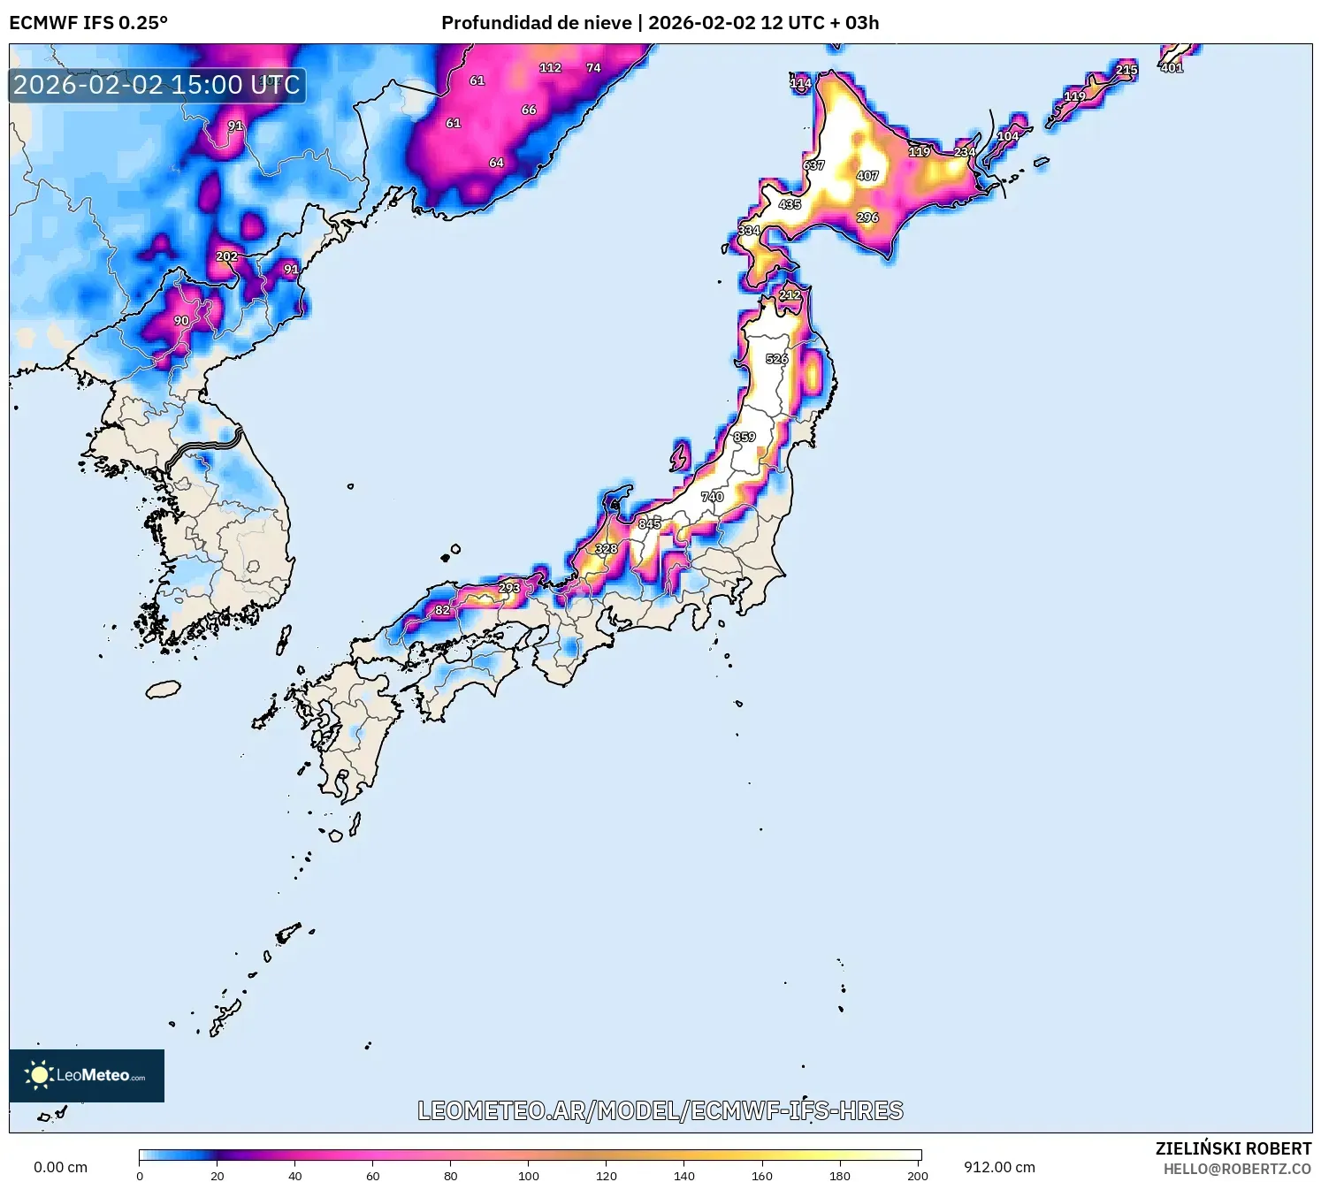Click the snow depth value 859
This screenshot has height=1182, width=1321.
click(x=744, y=437)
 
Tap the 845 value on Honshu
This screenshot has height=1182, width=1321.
click(x=650, y=523)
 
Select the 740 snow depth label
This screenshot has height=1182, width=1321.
click(x=713, y=497)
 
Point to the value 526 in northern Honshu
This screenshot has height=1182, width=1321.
click(x=777, y=359)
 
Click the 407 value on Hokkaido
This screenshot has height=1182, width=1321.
click(x=867, y=176)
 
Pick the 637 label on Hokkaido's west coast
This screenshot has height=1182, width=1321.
click(x=813, y=165)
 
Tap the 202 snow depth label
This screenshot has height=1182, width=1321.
click(x=227, y=256)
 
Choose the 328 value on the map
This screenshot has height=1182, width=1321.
click(x=607, y=549)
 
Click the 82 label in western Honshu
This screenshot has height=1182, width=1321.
click(x=442, y=610)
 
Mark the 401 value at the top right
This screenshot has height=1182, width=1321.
click(x=1172, y=68)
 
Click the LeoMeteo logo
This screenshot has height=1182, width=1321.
click(x=87, y=1075)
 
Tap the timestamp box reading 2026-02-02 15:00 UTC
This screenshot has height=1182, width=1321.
click(x=157, y=86)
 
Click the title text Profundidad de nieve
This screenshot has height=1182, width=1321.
click(x=537, y=23)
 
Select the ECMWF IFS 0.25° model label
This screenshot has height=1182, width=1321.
click(x=88, y=23)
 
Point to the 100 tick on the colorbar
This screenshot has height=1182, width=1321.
click(x=529, y=1175)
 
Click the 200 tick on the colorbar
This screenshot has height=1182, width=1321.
click(x=918, y=1175)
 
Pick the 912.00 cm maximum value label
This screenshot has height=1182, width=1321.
click(x=999, y=1167)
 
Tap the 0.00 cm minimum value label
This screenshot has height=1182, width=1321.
click(x=60, y=1167)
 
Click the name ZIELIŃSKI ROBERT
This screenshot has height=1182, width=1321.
click(x=1233, y=1148)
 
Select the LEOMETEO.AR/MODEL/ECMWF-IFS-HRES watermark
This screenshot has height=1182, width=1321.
click(x=660, y=1110)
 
